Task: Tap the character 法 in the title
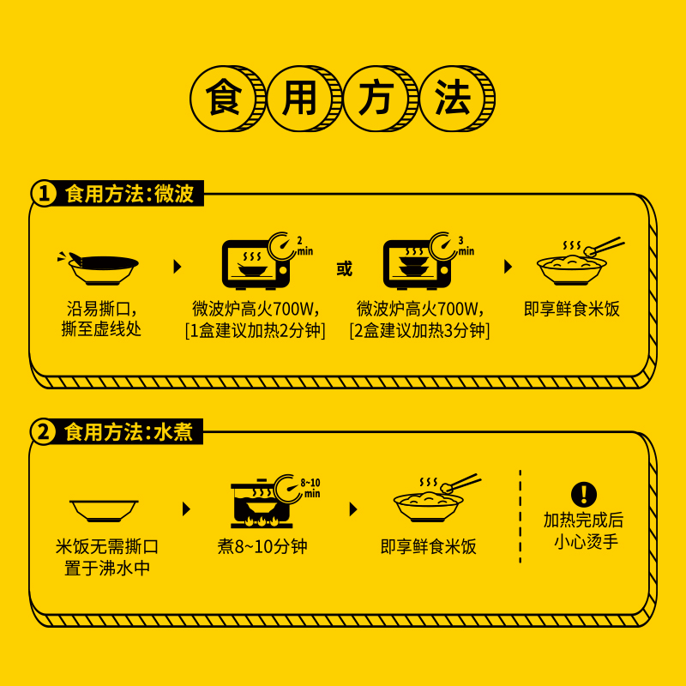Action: (x=453, y=99)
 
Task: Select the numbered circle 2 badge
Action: (x=44, y=431)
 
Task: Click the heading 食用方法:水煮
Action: (x=129, y=431)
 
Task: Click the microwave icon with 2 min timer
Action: (x=257, y=261)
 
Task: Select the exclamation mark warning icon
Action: (x=583, y=494)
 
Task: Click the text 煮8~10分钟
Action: (x=262, y=547)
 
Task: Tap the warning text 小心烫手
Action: (x=583, y=542)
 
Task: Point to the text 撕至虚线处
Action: (x=101, y=329)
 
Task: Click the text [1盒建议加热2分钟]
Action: (x=255, y=330)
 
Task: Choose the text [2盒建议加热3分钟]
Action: (x=419, y=330)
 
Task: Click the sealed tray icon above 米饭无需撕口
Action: (x=104, y=509)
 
